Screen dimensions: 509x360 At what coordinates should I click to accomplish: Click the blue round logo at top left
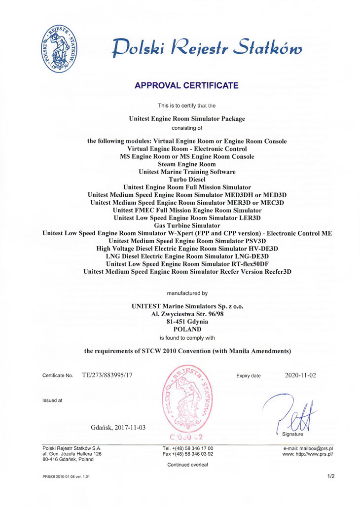point(60,49)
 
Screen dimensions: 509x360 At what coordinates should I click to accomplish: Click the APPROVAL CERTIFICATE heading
point(186,85)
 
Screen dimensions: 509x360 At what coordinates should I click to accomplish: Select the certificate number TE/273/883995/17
point(108,375)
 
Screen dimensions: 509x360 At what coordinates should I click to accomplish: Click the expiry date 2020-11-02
point(300,375)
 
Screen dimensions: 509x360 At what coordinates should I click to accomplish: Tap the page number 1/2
point(330,477)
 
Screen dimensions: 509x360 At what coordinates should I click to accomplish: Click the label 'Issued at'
point(52,400)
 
